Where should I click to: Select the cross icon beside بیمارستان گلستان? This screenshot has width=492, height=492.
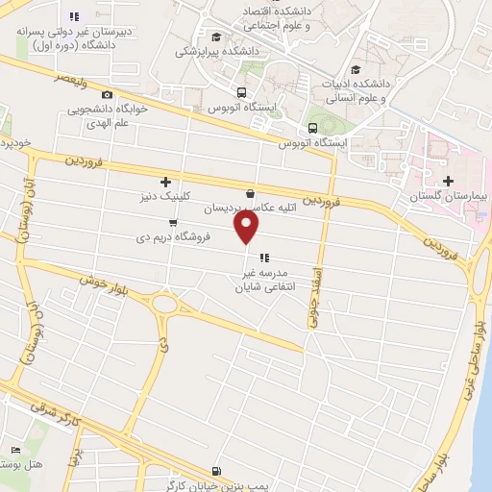tap(448, 181)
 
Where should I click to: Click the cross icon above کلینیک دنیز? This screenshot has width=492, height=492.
tap(166, 181)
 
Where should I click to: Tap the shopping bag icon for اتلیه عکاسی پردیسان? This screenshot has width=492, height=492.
tap(251, 192)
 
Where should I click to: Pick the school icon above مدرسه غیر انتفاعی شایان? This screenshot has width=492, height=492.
tap(263, 257)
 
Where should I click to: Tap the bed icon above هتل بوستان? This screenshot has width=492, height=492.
tap(13, 451)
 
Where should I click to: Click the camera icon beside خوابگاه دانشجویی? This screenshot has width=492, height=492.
tap(106, 94)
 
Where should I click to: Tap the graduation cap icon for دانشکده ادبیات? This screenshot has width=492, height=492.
tap(357, 69)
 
